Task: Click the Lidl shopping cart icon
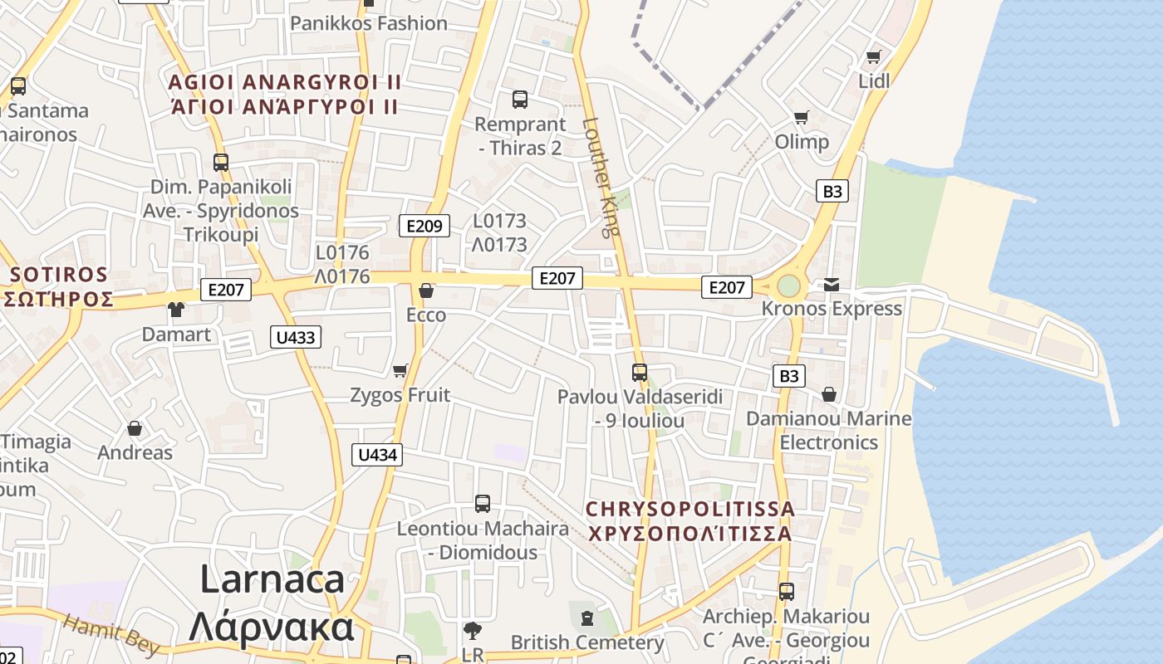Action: (873, 56)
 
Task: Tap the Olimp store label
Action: (802, 142)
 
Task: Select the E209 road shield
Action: (424, 226)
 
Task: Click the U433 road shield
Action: (296, 337)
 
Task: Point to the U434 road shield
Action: (378, 455)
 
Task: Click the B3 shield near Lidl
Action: (832, 192)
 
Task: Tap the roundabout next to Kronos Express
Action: (788, 286)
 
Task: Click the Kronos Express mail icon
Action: (832, 285)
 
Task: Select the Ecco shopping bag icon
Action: (426, 290)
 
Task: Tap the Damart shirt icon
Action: (176, 310)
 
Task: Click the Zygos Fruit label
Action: (400, 395)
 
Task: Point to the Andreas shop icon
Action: (135, 428)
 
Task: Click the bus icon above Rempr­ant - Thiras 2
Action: (520, 100)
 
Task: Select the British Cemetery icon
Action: (587, 618)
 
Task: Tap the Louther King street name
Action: (601, 177)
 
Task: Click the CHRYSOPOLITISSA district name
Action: (690, 508)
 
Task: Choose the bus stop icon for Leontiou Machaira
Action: (483, 503)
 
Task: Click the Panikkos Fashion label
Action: (369, 23)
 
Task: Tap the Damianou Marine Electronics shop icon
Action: (829, 394)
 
